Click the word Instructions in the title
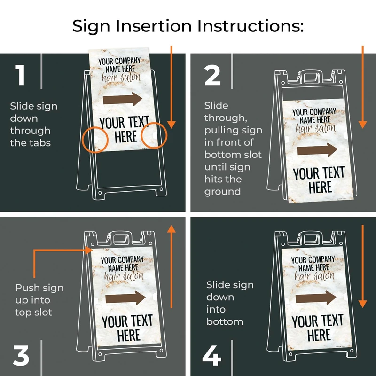point(251,26)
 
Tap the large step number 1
point(20,75)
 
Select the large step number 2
point(212,75)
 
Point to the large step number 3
point(21,356)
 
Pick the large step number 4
point(212,356)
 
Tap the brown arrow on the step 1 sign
point(123,99)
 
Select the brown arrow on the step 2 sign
point(317,150)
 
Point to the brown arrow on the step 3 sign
point(125,298)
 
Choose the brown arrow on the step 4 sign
point(316,298)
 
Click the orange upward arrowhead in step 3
point(171,229)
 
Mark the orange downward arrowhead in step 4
point(362,304)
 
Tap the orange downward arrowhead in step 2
point(362,125)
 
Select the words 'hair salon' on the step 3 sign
point(124,276)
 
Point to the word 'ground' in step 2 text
point(222,192)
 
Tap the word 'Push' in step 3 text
point(26,288)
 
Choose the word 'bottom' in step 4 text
point(225,321)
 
